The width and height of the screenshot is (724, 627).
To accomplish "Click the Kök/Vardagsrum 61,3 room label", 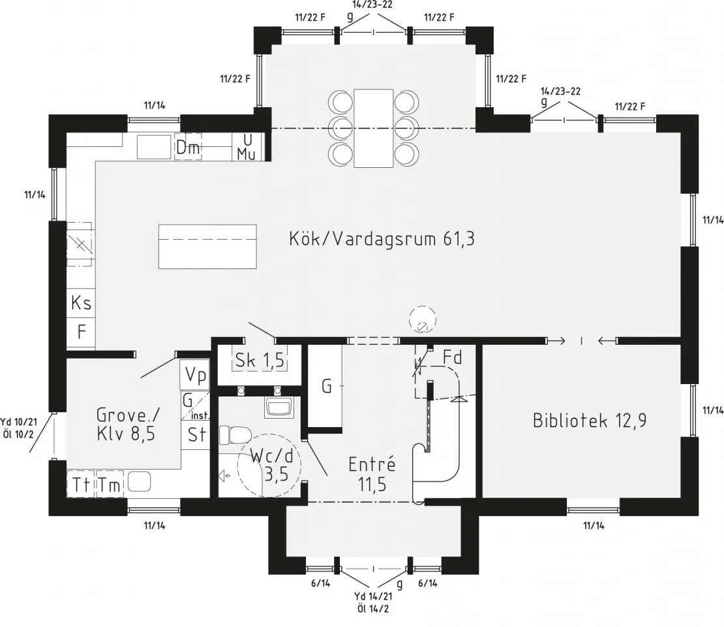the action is click(382, 239).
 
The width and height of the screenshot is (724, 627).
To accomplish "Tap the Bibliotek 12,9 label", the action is click(590, 421).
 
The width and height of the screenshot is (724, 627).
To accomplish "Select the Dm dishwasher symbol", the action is click(189, 147).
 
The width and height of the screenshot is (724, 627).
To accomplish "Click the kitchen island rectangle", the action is click(207, 246).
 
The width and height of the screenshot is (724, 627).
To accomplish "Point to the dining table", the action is click(374, 128).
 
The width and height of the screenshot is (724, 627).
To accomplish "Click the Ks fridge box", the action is click(82, 303).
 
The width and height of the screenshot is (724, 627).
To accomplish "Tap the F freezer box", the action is click(82, 332).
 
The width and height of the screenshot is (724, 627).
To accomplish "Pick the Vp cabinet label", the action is click(195, 375).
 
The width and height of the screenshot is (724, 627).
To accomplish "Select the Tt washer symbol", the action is click(82, 484).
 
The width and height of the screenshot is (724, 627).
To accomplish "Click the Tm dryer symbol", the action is click(110, 484).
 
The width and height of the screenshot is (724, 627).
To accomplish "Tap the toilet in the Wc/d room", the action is click(235, 434).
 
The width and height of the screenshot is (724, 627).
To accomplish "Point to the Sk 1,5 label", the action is click(260, 361).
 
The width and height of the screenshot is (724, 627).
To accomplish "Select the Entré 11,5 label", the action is click(372, 474).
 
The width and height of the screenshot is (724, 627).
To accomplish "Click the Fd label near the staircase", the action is click(453, 357).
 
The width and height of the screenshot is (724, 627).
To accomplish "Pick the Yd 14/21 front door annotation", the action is click(374, 602).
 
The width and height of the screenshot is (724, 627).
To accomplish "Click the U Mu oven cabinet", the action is click(247, 147).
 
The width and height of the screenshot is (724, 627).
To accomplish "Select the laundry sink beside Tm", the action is click(140, 481).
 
